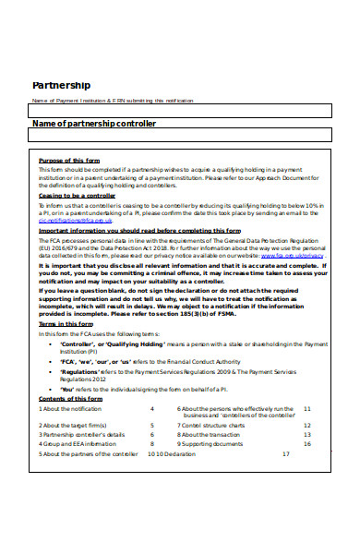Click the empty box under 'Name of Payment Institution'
[x=179, y=111]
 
